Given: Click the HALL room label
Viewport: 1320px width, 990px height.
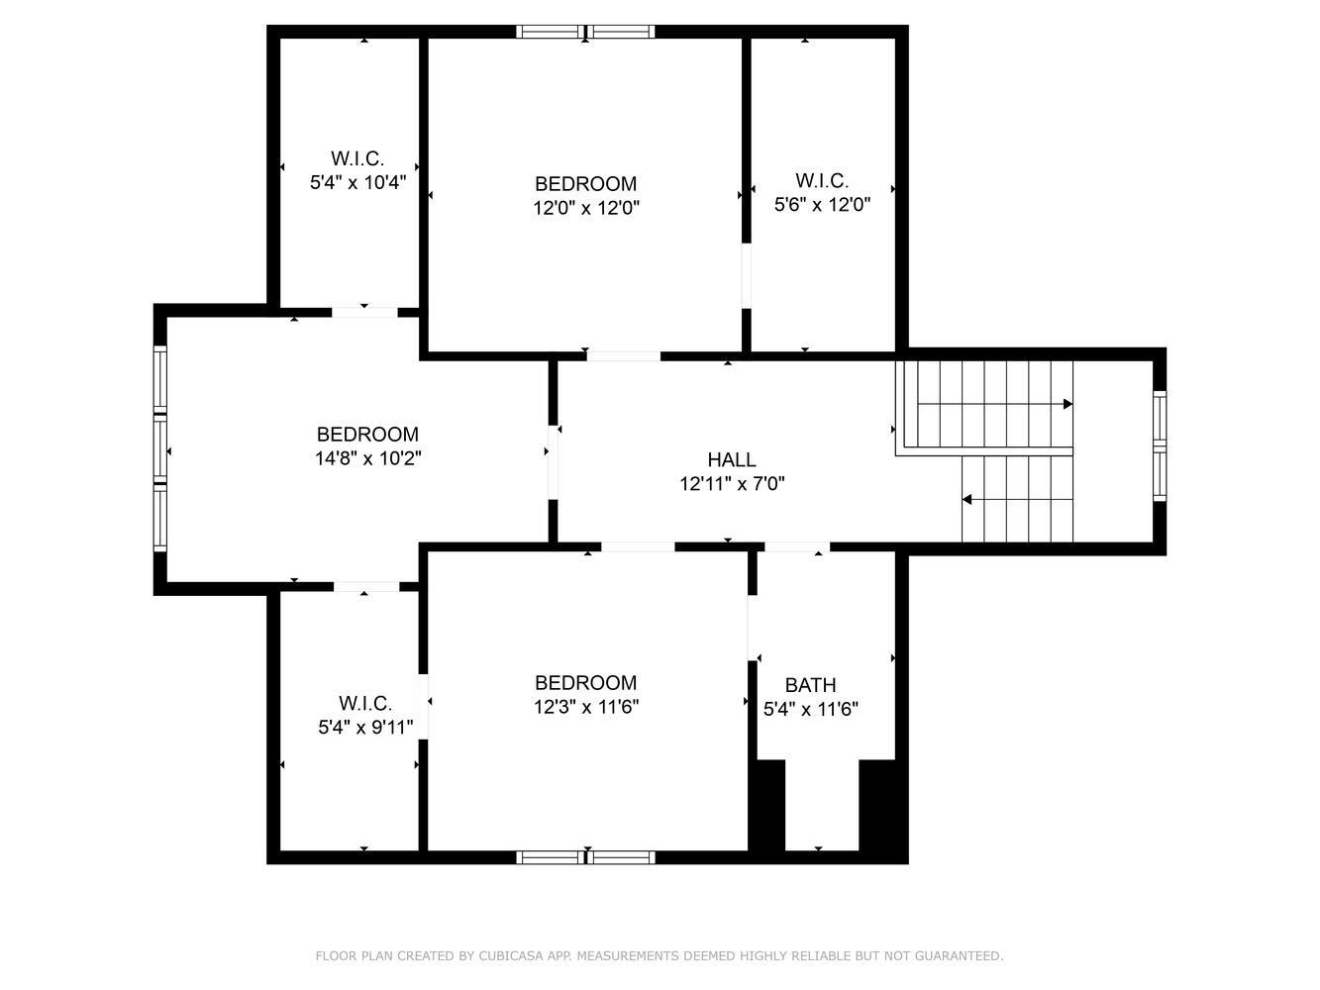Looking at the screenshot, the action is point(731,459).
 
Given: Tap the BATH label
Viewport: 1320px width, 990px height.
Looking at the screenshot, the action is point(810,685).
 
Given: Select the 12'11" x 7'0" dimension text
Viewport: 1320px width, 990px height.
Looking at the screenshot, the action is point(732,484).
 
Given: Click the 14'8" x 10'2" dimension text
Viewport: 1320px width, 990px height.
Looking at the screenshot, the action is point(367,458).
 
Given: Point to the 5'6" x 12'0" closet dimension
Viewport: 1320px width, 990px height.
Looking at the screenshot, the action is point(822,205).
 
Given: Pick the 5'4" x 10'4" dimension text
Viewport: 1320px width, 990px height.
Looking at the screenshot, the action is point(357,182).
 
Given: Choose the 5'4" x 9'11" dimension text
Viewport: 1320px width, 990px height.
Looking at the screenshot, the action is point(365,728).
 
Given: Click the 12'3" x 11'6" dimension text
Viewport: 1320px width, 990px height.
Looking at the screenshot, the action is point(585,707).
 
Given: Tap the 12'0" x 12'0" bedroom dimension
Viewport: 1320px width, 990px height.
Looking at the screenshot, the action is point(585,208).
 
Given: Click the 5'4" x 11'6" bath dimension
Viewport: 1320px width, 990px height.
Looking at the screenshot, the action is point(810,709).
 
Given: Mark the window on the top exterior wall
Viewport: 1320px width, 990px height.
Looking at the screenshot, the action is point(585,32).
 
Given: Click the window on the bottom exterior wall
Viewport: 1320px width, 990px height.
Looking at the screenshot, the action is point(585,857).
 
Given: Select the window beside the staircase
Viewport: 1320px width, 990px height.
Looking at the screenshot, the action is point(1160,446).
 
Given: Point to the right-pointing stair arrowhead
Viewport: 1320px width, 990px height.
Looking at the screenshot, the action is point(1067,404).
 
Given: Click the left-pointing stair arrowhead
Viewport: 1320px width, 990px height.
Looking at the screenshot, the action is point(967,500).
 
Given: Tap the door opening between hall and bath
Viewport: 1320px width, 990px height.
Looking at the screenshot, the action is point(797,547).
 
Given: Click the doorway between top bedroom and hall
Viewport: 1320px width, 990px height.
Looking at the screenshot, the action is point(624,355).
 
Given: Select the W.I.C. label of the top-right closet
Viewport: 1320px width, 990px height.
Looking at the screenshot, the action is point(822,180).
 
